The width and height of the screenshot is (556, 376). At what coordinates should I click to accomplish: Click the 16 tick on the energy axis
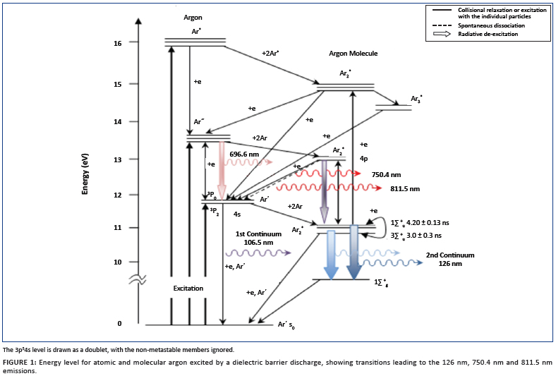pyautogui.click(x=118, y=43)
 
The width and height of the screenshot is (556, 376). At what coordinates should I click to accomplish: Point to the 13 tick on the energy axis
pyautogui.click(x=118, y=159)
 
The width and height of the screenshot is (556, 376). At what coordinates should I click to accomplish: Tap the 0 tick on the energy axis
pyautogui.click(x=119, y=324)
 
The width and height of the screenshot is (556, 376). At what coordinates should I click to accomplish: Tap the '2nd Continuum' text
pyautogui.click(x=449, y=255)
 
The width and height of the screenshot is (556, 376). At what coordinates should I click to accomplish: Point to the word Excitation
pyautogui.click(x=188, y=289)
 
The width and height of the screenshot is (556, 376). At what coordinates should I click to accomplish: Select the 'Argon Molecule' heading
pyautogui.click(x=353, y=54)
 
